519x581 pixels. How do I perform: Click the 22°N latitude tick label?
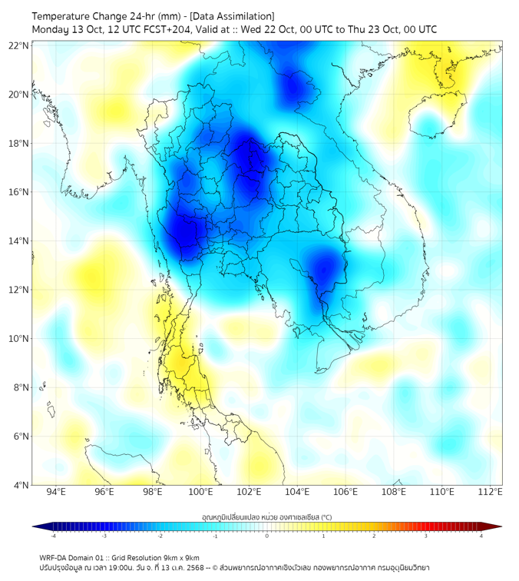[19, 45]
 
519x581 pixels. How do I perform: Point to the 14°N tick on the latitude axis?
[19, 241]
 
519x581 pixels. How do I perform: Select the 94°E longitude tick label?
[56, 492]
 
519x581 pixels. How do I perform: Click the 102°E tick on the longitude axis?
[250, 492]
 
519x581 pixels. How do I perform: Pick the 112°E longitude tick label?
[490, 492]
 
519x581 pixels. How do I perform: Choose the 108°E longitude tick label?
[393, 492]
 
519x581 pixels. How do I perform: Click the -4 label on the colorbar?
[53, 536]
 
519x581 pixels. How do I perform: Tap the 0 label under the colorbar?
[267, 536]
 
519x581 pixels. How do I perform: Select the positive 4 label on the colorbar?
[481, 536]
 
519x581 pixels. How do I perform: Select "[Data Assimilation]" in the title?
[233, 16]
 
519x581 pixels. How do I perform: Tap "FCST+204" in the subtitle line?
[164, 29]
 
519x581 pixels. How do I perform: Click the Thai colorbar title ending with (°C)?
[266, 516]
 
